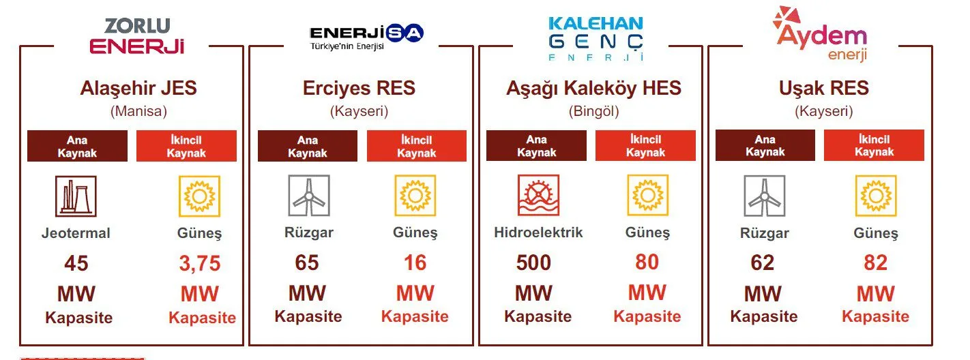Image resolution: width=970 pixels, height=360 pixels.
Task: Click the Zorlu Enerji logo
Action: pos(137,36)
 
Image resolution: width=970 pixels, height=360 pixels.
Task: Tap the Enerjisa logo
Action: pos(366,37)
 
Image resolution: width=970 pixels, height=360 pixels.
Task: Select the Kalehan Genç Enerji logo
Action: pos(596,39)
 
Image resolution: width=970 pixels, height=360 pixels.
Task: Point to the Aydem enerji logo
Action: pos(820,34)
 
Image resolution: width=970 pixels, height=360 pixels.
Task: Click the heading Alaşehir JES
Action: pos(138,88)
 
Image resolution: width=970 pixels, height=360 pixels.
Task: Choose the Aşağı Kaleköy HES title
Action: pos(593,88)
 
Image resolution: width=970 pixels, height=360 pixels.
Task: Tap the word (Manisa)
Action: pos(138,111)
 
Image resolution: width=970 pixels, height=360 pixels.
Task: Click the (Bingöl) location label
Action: pos(593,111)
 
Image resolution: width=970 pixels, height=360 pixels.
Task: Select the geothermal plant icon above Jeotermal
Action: pos(76,196)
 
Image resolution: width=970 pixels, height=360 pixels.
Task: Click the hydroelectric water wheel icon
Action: pos(538,195)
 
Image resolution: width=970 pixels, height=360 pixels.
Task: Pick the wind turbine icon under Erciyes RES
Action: pos(309,195)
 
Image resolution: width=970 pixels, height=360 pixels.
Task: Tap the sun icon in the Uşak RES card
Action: pos(876,196)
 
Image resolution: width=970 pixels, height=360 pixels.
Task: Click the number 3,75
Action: pos(200,263)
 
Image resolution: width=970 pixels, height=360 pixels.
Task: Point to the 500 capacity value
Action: pos(533,262)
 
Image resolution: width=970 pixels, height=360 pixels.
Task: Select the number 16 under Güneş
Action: pos(415,262)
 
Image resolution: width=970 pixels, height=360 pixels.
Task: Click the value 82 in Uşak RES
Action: pos(876,262)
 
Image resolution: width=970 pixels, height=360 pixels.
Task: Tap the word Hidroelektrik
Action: pos(538,232)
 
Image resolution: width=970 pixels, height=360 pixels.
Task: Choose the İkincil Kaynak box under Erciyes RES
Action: pos(417,146)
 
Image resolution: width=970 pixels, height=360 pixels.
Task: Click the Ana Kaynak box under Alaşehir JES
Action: pos(77,146)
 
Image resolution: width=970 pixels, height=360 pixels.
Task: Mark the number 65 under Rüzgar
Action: pos(306,262)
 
